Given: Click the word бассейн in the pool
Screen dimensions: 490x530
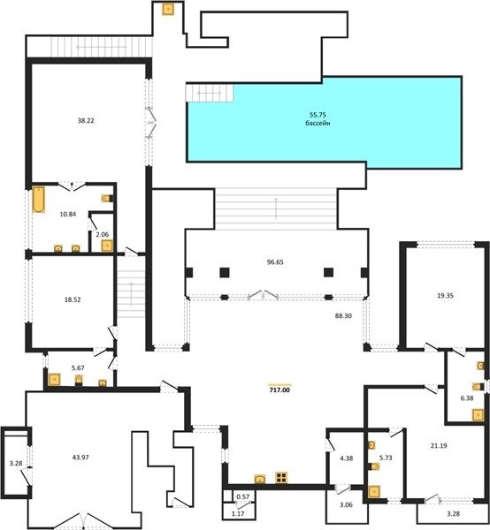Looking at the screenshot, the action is click(318, 124).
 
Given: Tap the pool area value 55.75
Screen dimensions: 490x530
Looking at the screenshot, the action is click(318, 115).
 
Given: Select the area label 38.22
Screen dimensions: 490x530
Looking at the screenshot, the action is click(86, 121).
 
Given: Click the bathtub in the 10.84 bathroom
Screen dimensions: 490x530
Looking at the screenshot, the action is click(38, 200).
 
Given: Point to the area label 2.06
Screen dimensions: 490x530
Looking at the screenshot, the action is click(103, 234).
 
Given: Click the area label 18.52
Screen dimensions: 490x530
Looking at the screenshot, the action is click(73, 299).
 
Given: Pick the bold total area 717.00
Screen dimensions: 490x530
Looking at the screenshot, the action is click(280, 390).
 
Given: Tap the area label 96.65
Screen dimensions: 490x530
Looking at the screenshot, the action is click(275, 262).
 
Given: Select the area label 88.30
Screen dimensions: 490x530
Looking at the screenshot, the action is click(343, 315).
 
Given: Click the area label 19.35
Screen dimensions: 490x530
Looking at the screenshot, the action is click(445, 295).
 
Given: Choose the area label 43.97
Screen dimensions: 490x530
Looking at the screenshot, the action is click(80, 458).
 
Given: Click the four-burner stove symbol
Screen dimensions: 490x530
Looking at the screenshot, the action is click(281, 478).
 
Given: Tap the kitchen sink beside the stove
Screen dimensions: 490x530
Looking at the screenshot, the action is click(260, 479).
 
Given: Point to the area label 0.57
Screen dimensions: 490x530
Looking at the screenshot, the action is click(242, 496).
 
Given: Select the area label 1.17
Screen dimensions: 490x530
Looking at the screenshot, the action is click(238, 514).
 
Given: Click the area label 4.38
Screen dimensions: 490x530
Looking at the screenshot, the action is click(346, 458).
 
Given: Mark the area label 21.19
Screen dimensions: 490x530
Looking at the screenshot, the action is click(439, 446).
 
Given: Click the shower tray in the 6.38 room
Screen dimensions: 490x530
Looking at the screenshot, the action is click(479, 415).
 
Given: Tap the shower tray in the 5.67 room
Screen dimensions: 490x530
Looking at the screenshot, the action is click(54, 380).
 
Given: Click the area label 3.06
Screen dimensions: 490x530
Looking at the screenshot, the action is click(346, 505).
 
